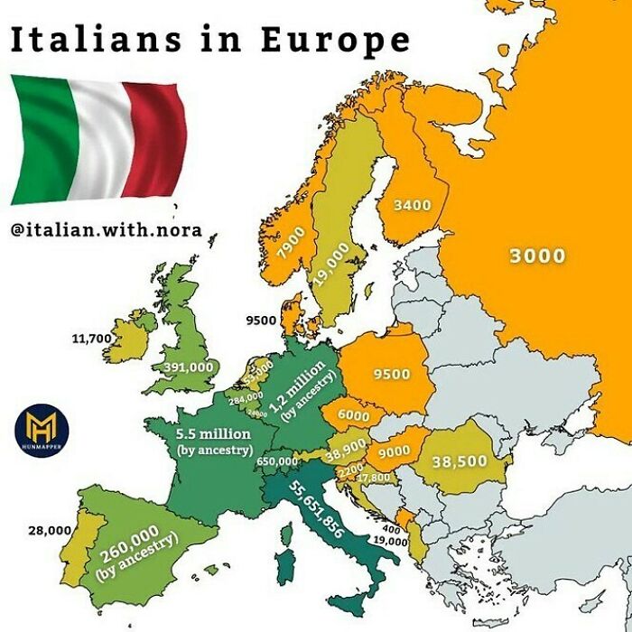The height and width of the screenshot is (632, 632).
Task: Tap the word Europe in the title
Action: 335,41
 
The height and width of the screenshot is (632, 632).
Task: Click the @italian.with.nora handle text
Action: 106,229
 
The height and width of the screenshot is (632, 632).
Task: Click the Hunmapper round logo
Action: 42,427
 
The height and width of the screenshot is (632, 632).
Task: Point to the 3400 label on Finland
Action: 413,205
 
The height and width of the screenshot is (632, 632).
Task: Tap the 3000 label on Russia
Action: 537,256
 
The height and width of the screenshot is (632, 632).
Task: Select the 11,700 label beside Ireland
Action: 90,339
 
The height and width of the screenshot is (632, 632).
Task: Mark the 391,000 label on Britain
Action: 190,367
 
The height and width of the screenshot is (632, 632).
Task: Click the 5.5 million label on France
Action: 214,440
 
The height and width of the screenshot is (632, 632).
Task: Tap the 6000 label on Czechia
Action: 354,416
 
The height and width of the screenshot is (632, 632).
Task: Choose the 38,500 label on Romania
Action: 460,461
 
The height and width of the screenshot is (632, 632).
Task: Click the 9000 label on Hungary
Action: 395,451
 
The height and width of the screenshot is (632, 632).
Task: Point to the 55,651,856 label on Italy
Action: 317,509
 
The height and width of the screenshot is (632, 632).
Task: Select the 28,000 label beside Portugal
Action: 48,530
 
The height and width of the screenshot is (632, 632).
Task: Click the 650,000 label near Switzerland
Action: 277,461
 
